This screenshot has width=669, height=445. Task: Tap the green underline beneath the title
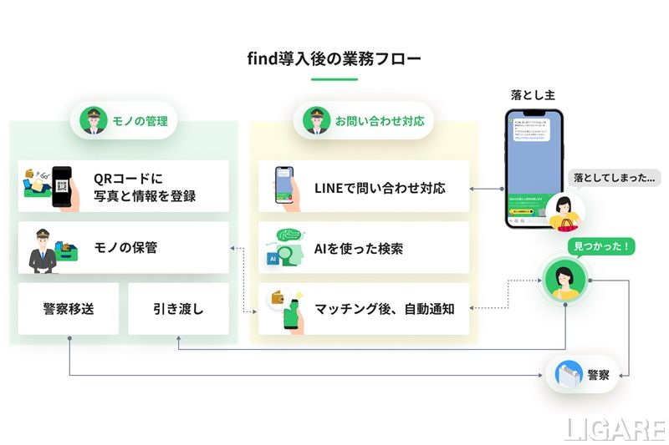tap(334, 79)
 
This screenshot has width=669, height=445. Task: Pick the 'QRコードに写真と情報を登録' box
tap(124, 186)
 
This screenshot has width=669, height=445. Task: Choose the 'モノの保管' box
tap(124, 247)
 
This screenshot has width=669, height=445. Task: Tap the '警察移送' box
tap(69, 309)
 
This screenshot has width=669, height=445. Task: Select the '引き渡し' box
tap(178, 309)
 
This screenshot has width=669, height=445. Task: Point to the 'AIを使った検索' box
tap(364, 248)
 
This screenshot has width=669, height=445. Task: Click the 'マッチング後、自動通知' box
tap(364, 309)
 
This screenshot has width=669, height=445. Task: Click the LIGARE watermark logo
tap(614, 428)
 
